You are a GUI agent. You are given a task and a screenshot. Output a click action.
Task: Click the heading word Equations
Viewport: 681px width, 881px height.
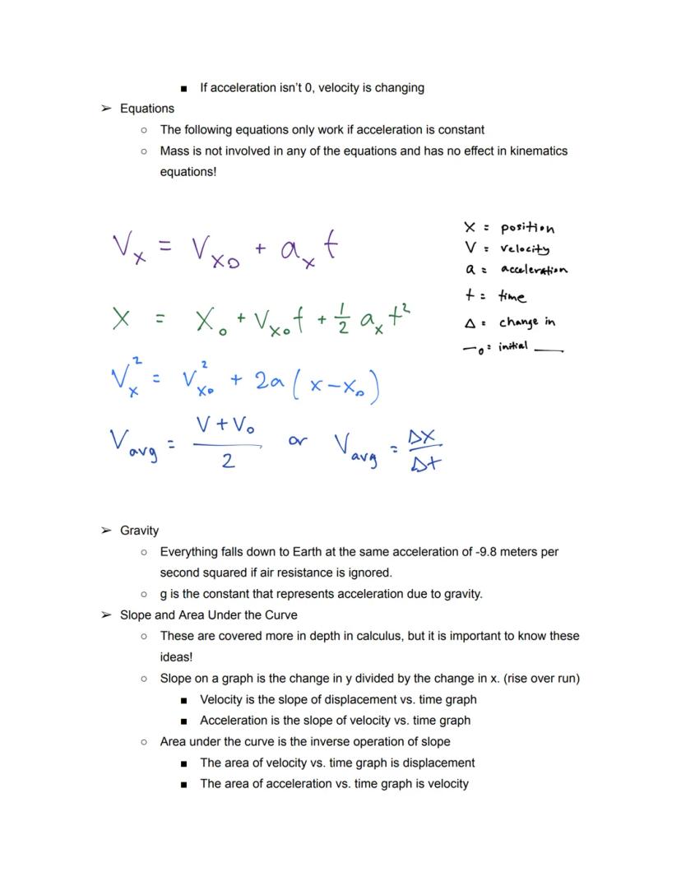tap(147, 109)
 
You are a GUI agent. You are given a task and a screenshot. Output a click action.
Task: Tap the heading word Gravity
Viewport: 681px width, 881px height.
tap(139, 531)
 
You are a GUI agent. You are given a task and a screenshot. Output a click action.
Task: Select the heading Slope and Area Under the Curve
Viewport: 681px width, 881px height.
tap(209, 615)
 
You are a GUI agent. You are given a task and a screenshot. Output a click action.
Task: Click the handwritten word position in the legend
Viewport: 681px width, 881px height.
tap(527, 229)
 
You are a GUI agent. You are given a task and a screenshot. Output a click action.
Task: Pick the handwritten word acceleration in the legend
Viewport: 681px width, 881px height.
tap(534, 270)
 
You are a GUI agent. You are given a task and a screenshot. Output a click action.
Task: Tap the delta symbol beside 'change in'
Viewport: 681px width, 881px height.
tap(469, 323)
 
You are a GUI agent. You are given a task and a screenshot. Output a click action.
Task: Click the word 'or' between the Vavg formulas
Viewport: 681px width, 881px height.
tap(298, 441)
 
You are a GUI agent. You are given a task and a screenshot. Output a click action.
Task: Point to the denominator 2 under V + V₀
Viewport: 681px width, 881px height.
tap(227, 461)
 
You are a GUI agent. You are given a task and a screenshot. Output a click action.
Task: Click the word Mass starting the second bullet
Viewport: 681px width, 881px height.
tap(175, 151)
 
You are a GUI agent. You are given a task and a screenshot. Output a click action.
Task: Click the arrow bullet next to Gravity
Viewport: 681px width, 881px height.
tap(105, 531)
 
